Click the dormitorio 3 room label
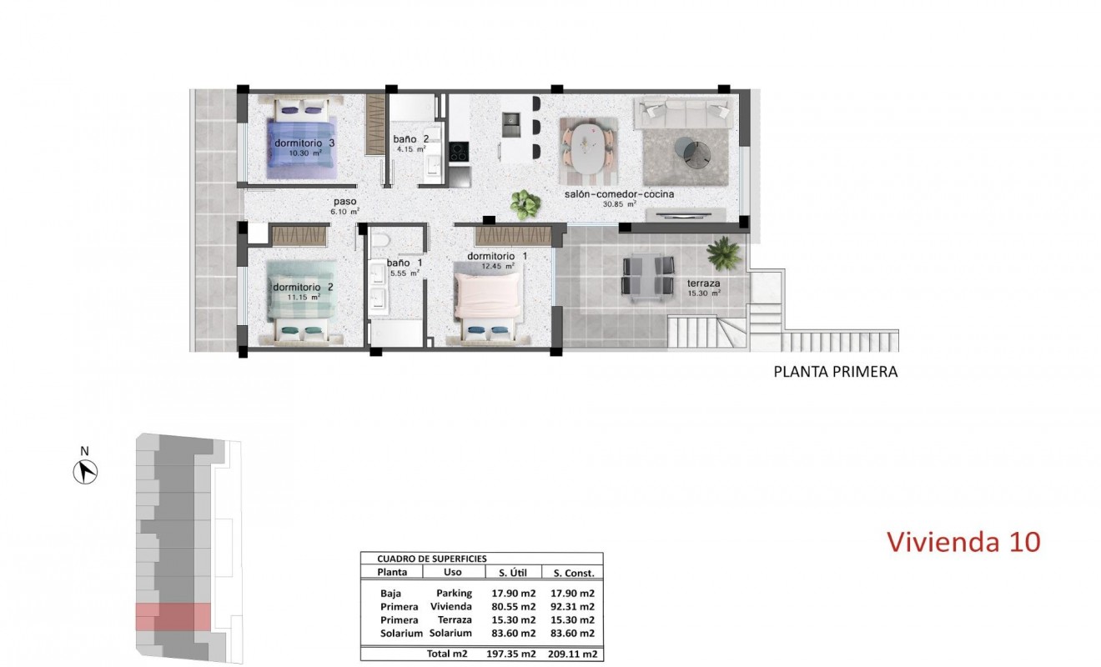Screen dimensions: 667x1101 point(304,143)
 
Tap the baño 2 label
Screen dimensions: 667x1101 point(411,139)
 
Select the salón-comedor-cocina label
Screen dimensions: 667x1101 point(619,195)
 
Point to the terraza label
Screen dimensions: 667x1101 point(703,283)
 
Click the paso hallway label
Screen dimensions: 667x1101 point(344,202)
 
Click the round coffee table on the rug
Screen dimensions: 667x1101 point(691,152)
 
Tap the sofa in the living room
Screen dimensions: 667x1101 point(684,112)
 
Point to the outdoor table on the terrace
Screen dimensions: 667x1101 point(648,277)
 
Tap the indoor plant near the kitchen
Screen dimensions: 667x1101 point(525,201)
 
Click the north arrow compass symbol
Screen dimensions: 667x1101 point(85,472)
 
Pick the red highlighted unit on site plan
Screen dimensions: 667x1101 point(173,617)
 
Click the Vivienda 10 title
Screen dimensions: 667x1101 point(963,542)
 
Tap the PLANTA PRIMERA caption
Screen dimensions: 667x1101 point(836,372)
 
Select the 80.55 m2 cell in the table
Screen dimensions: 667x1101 point(514,607)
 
